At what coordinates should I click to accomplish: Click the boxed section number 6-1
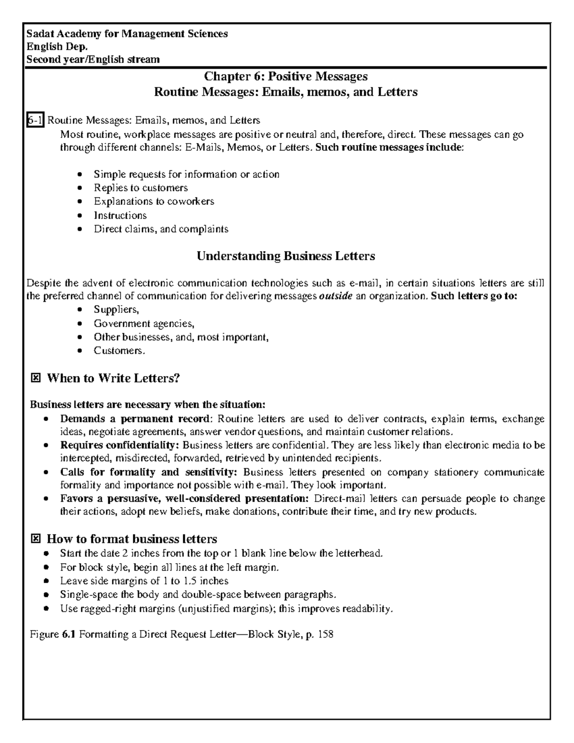click(x=35, y=120)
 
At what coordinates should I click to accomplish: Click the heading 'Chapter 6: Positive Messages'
click(x=286, y=76)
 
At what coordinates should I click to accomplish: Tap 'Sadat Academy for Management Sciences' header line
click(x=127, y=33)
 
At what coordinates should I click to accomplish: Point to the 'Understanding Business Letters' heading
click(x=286, y=256)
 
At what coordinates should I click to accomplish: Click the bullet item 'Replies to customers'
click(x=141, y=188)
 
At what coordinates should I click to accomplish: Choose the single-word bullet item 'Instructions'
click(x=120, y=215)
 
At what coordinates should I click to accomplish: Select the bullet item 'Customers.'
click(x=119, y=351)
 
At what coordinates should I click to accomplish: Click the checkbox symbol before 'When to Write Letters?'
click(x=35, y=378)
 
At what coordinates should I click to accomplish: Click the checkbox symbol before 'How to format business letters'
click(x=35, y=539)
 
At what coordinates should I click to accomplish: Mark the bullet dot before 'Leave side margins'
click(x=45, y=582)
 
